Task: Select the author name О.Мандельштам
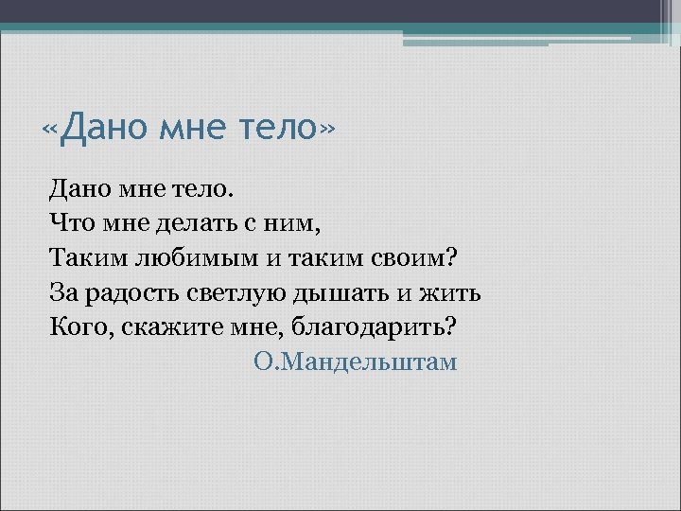coord(356,361)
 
